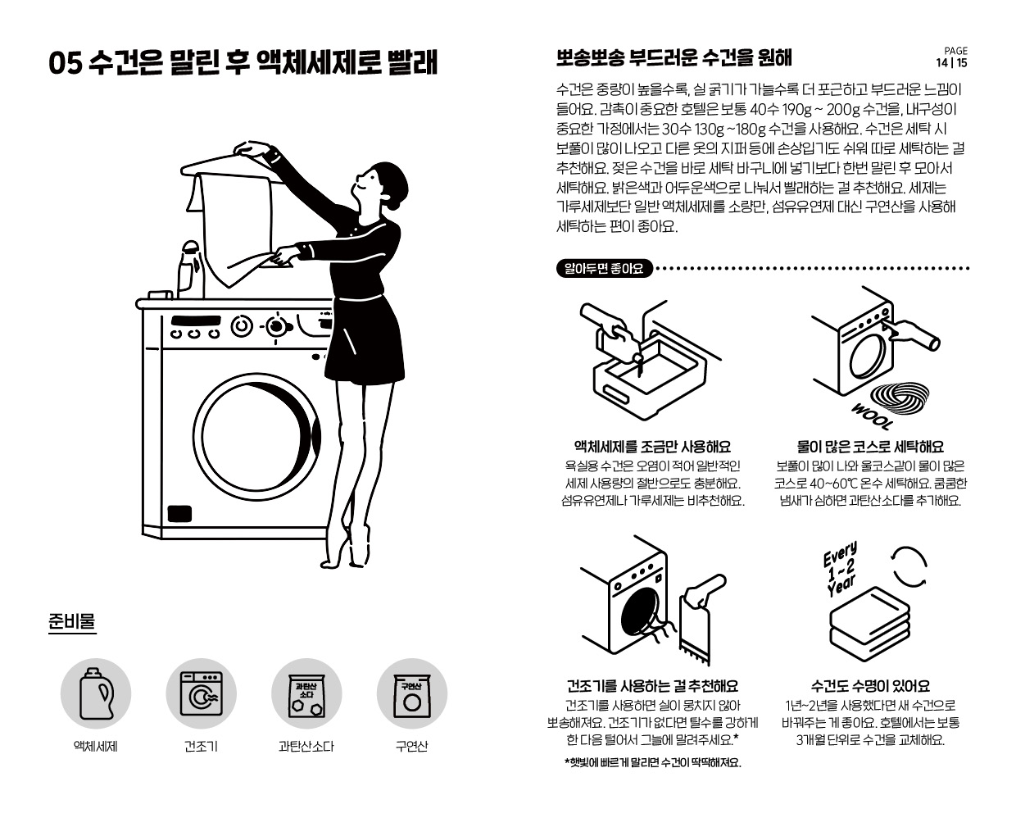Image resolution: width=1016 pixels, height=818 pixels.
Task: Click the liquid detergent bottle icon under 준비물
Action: click(x=97, y=693)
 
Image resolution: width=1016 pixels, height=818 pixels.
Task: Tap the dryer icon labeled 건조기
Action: click(x=201, y=693)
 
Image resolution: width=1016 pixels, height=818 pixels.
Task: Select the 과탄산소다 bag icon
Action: click(x=306, y=695)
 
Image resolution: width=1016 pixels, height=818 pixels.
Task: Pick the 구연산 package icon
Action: click(x=411, y=695)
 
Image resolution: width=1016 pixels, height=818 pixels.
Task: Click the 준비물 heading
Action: click(x=72, y=621)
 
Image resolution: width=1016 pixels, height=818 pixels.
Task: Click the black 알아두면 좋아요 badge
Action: click(x=604, y=268)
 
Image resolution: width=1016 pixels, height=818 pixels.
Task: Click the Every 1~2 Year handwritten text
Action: click(x=841, y=569)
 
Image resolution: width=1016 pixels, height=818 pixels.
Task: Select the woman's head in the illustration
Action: click(x=383, y=182)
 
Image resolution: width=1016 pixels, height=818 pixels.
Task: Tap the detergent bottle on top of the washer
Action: click(x=191, y=269)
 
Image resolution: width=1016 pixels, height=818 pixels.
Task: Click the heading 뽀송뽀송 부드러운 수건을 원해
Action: click(x=674, y=57)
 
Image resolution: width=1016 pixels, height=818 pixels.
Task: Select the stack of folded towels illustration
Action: click(x=869, y=623)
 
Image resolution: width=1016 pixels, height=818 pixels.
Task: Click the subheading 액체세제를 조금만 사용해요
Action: click(x=652, y=447)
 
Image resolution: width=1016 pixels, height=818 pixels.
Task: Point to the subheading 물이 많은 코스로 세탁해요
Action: click(x=870, y=447)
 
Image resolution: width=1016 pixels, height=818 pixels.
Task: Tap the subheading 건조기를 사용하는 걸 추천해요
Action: click(x=652, y=685)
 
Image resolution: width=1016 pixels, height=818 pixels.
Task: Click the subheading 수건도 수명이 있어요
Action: click(x=870, y=685)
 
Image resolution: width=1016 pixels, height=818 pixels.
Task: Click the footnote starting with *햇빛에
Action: click(x=652, y=762)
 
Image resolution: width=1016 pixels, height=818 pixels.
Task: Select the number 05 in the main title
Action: click(x=66, y=64)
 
